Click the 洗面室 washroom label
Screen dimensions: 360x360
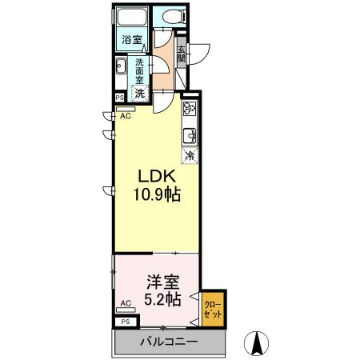point(139,70)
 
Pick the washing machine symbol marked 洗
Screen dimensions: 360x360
point(139,92)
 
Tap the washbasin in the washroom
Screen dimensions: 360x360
point(120,69)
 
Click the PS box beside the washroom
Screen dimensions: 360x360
point(119,98)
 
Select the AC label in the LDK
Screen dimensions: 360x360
point(125,114)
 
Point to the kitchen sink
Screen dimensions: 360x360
point(190,134)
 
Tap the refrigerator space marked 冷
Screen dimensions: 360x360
point(190,156)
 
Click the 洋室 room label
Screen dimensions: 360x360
point(161,282)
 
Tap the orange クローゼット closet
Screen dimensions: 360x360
point(213,309)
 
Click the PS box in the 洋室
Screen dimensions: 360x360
point(125,321)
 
